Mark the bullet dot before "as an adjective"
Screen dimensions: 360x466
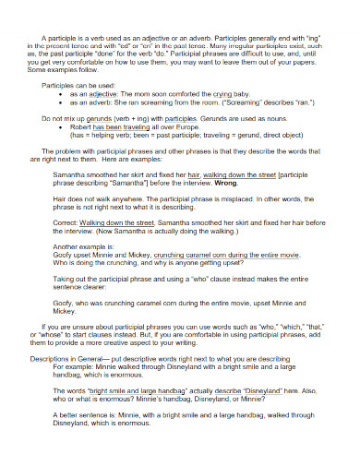coord(60,94)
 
